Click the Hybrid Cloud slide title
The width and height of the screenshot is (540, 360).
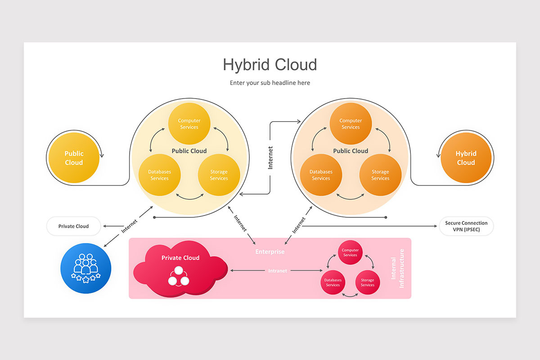270,65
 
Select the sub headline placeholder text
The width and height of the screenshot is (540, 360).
270,83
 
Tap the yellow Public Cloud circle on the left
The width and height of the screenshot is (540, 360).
74,158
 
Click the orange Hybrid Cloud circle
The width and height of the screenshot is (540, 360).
466,158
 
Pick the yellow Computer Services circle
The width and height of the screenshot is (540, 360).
189,124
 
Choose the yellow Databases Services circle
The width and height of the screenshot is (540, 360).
159,175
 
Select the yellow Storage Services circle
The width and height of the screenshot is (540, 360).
219,175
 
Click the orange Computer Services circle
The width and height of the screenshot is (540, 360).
351,124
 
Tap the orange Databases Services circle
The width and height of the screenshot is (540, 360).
321,175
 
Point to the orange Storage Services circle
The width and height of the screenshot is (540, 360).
380,175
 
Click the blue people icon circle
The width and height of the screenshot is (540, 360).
85,268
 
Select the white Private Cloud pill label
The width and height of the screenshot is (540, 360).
73,226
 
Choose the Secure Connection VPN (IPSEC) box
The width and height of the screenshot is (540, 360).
466,226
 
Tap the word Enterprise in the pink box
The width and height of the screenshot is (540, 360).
270,252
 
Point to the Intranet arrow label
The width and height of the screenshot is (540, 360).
278,271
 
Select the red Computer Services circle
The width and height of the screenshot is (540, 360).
350,253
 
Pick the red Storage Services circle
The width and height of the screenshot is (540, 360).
368,282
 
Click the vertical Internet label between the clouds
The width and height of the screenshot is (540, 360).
270,157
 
